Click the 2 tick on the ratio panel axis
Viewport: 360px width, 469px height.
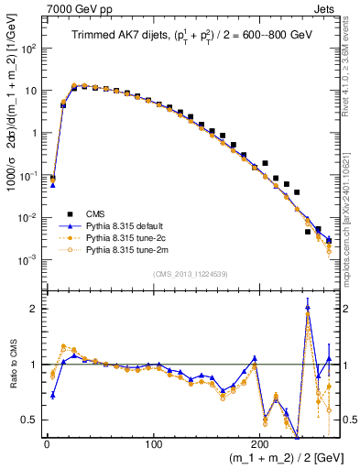[35, 309]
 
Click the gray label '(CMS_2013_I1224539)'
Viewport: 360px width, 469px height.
[190, 273]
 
